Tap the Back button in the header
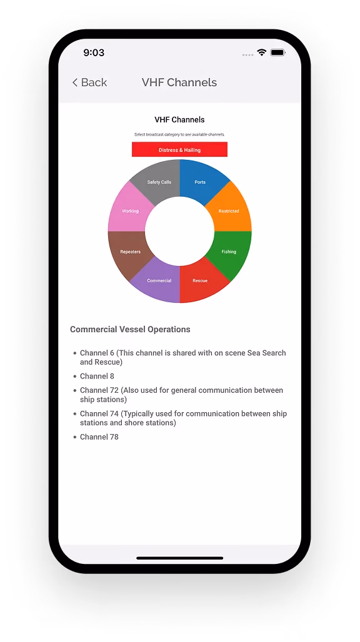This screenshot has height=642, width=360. point(89,82)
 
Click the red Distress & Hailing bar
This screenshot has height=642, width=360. point(179,149)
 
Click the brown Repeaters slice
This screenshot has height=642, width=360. point(129,252)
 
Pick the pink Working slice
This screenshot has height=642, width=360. point(129,210)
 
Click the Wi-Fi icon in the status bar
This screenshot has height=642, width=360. point(261,52)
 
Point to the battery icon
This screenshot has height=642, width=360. point(278,52)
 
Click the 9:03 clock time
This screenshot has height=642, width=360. point(94,52)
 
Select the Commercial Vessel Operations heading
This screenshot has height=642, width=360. point(130,329)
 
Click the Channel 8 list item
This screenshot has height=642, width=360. point(97,376)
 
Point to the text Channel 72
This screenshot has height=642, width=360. point(99,390)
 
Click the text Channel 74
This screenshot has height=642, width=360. point(99,413)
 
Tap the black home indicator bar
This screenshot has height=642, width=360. point(180,558)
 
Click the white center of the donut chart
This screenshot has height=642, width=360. point(180,231)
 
